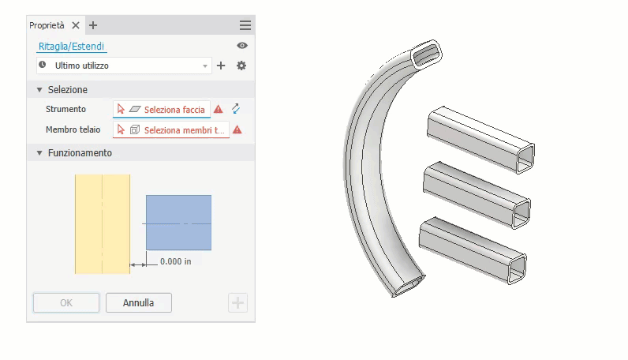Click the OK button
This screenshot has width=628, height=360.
(x=66, y=302)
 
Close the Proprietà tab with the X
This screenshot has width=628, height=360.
(x=76, y=25)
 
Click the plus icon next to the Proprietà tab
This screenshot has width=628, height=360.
(x=93, y=25)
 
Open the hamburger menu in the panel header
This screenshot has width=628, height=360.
(x=245, y=25)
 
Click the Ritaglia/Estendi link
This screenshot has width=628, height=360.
(x=71, y=46)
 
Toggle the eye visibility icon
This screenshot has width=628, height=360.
(x=242, y=46)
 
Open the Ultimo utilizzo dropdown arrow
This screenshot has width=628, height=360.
(x=205, y=66)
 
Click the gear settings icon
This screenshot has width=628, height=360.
(x=241, y=66)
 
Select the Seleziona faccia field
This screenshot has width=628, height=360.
(x=162, y=109)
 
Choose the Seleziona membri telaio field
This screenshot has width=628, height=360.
(x=171, y=130)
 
